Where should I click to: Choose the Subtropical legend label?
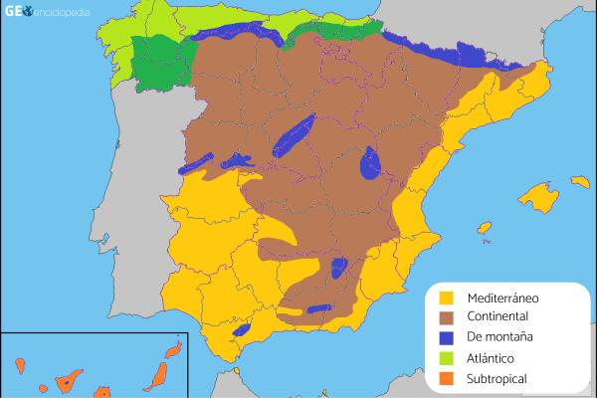pos(497,378)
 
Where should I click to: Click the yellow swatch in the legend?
pos(447,298)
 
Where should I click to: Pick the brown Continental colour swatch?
pos(447,317)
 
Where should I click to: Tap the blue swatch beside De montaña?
pos(447,338)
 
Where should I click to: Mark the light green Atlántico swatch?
pos(447,358)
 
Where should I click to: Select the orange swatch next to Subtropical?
pos(447,378)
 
